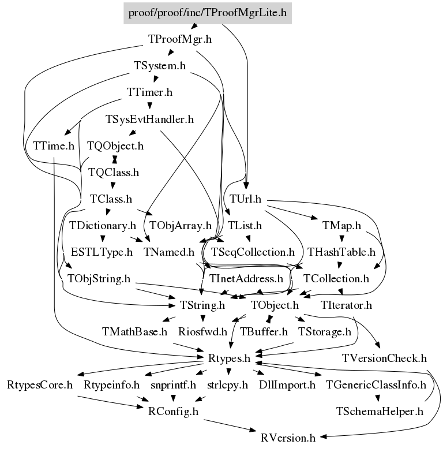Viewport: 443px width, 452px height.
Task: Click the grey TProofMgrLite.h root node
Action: (208, 12)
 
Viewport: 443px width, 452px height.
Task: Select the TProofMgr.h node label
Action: (180, 40)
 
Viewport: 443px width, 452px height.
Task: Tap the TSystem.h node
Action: (159, 66)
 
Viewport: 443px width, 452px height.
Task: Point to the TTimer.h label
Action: (150, 92)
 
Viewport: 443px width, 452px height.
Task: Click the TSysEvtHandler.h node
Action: (149, 119)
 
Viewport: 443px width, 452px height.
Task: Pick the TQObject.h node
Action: (115, 145)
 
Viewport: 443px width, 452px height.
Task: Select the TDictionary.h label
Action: (102, 225)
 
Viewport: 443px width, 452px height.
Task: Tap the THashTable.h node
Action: (341, 252)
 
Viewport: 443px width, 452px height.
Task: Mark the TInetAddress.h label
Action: (246, 278)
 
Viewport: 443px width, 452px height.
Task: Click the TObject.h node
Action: (275, 305)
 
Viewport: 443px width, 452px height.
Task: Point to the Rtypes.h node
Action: (229, 358)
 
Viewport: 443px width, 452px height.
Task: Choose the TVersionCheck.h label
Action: (384, 358)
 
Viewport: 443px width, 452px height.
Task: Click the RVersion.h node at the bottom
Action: (288, 438)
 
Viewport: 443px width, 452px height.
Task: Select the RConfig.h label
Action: (173, 411)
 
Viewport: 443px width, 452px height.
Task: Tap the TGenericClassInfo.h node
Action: (376, 384)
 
